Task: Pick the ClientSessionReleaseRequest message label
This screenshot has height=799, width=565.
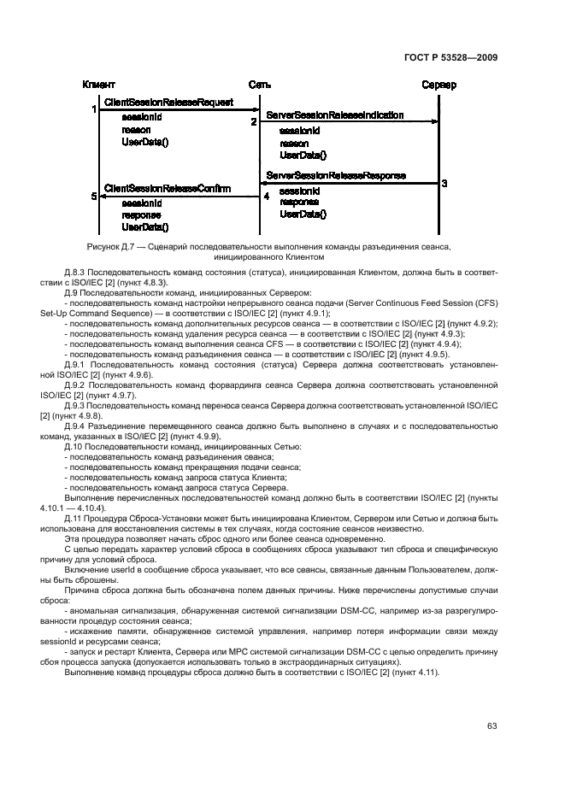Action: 168,103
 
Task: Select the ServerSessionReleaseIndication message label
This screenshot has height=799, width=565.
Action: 335,115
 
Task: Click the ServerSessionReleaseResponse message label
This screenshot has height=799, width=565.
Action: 336,175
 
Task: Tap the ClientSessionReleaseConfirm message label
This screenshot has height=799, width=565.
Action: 167,188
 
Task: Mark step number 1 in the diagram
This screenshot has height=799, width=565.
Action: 93,109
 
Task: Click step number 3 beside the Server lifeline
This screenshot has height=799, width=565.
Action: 444,183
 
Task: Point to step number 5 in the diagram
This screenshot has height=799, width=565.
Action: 93,197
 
